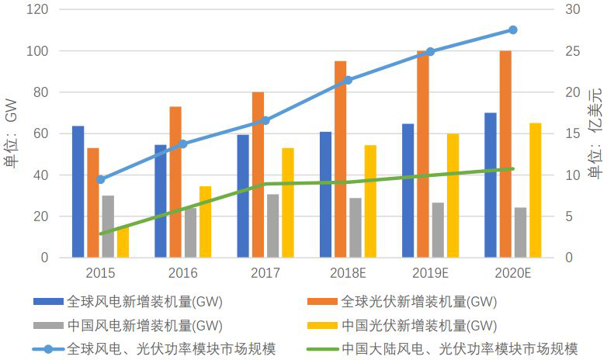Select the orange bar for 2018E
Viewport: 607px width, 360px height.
point(340,159)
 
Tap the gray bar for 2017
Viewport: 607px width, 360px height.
point(272,226)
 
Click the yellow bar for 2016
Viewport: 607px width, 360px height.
point(205,222)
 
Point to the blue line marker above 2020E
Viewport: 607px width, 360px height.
point(512,30)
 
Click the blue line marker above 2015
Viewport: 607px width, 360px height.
point(101,179)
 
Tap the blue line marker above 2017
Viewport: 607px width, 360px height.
point(265,120)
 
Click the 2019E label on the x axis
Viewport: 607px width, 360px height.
point(429,273)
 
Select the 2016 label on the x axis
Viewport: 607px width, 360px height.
point(183,273)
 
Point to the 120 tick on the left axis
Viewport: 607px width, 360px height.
point(37,10)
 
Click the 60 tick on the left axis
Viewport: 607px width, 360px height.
point(40,133)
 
